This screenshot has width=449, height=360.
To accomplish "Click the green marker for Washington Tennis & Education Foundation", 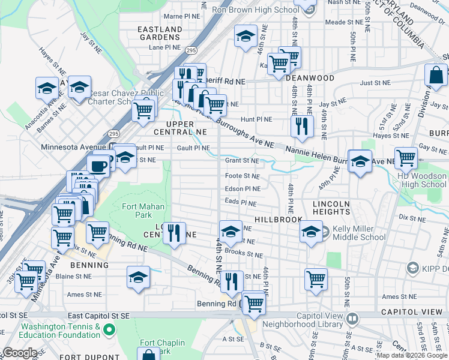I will pyautogui.click(x=109, y=329).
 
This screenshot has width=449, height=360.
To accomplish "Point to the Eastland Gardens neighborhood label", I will pyautogui.click(x=160, y=33).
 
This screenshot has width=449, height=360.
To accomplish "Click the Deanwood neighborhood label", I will pyautogui.click(x=310, y=78).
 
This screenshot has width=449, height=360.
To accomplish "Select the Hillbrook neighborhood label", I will pyautogui.click(x=277, y=220).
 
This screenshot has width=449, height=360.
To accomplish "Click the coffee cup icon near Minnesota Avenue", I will pyautogui.click(x=98, y=166).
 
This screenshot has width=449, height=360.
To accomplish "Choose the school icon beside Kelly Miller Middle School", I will pyautogui.click(x=311, y=232).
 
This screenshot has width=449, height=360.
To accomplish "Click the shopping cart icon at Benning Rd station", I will pyautogui.click(x=255, y=303).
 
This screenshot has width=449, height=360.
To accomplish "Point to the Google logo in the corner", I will pyautogui.click(x=20, y=353).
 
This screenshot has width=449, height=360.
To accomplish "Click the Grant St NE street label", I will pyautogui.click(x=242, y=161).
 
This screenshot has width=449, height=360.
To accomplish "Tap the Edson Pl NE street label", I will pyautogui.click(x=242, y=188).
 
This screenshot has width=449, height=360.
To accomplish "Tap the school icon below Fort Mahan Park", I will pyautogui.click(x=138, y=277).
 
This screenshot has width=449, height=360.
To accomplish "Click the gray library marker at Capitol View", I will pyautogui.click(x=354, y=317).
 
